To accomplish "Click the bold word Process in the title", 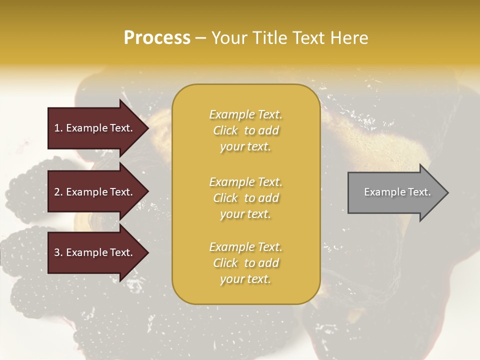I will [x=157, y=38].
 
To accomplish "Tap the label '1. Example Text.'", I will [x=93, y=128].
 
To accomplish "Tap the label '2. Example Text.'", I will [x=93, y=192].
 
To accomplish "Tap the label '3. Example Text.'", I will [x=93, y=252].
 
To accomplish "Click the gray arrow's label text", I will [x=397, y=192].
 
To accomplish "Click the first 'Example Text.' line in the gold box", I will [x=245, y=115].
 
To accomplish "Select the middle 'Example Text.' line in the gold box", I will [x=245, y=182].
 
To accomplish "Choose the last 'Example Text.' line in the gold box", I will [x=245, y=247].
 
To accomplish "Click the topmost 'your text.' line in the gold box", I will [x=245, y=147].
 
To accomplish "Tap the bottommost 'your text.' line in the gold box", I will [x=245, y=279].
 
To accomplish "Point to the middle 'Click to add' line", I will [x=245, y=198].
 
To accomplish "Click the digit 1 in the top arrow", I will [x=57, y=128].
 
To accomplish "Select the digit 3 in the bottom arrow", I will [x=57, y=252].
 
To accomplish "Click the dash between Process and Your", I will [x=200, y=38].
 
